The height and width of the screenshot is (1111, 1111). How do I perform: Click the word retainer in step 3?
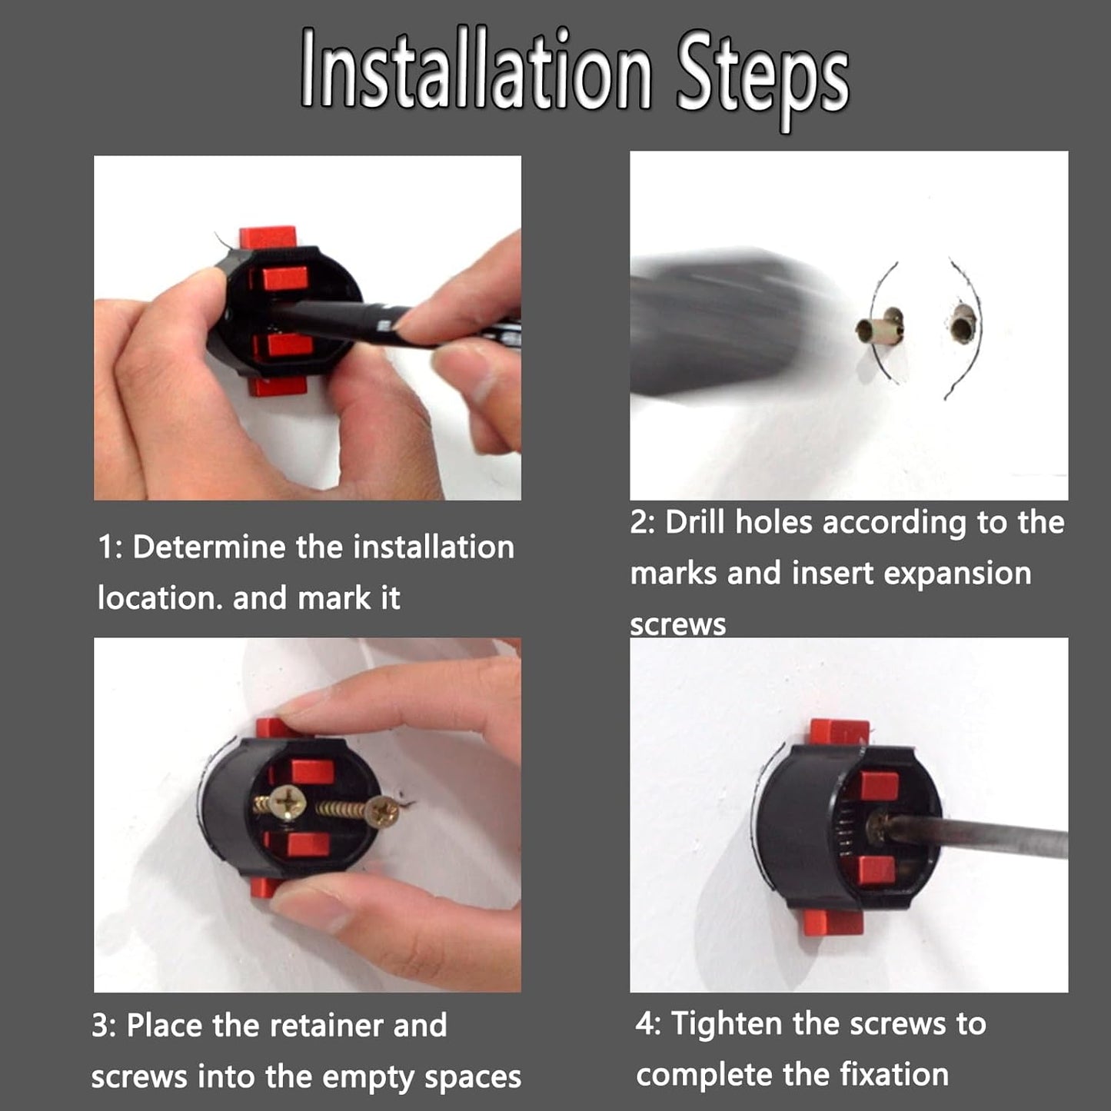coord(326,1025)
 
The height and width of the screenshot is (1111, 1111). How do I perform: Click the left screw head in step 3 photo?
coord(288,801)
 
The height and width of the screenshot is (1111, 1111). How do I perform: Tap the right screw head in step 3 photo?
coord(384,812)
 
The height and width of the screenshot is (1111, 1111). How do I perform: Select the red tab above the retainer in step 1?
coord(268,238)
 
